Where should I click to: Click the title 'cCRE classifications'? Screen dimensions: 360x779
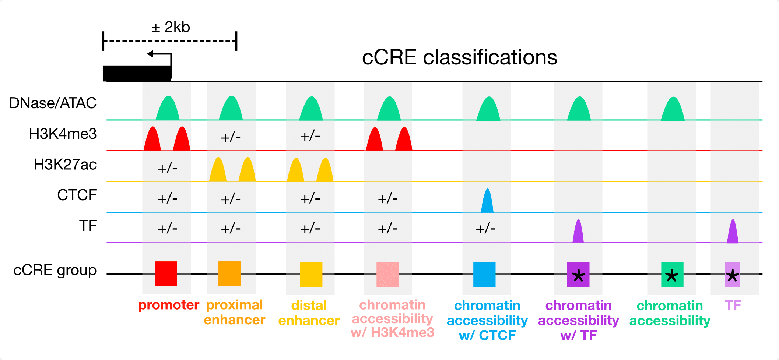[x=459, y=58]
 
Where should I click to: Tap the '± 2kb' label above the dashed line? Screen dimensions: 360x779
[x=171, y=27]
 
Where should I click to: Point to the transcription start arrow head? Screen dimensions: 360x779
[x=150, y=54]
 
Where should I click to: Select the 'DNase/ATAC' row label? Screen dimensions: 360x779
[x=53, y=103]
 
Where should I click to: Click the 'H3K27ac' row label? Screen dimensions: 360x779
[x=65, y=165]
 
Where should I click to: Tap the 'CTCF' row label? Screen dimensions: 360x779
[x=77, y=195]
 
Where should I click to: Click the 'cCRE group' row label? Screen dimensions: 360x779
[x=55, y=270]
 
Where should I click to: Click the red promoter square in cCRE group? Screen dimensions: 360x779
[x=166, y=274]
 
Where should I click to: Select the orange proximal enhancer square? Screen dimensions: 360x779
[x=229, y=274]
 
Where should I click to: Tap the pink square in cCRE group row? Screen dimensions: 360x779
[x=387, y=274]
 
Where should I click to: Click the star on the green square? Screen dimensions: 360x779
[x=672, y=275]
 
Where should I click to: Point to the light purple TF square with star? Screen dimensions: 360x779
[x=732, y=275]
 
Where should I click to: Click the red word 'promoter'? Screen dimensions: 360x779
[x=169, y=305]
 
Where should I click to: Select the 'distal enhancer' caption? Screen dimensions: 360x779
[x=309, y=313]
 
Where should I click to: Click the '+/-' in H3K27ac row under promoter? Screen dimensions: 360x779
[x=168, y=169]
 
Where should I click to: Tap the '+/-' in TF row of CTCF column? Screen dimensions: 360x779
[x=485, y=229]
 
